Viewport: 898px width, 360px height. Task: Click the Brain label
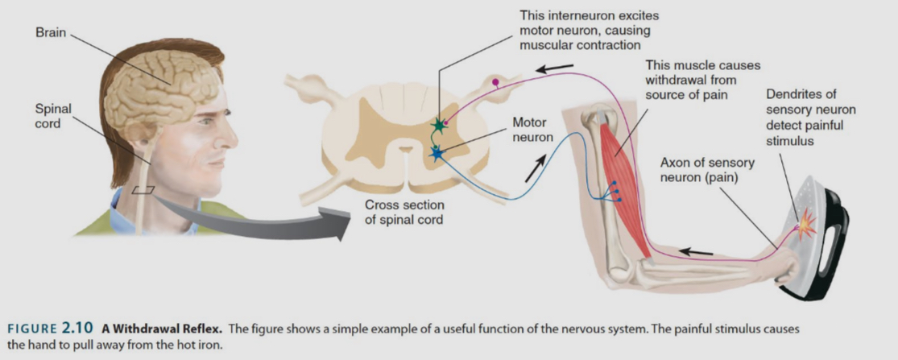tap(50, 33)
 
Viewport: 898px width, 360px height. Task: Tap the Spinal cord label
tap(53, 116)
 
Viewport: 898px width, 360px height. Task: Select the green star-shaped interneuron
tap(439, 126)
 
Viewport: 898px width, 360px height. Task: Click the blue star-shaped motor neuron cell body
tap(437, 153)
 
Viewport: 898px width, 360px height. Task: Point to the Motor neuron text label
tap(532, 130)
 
